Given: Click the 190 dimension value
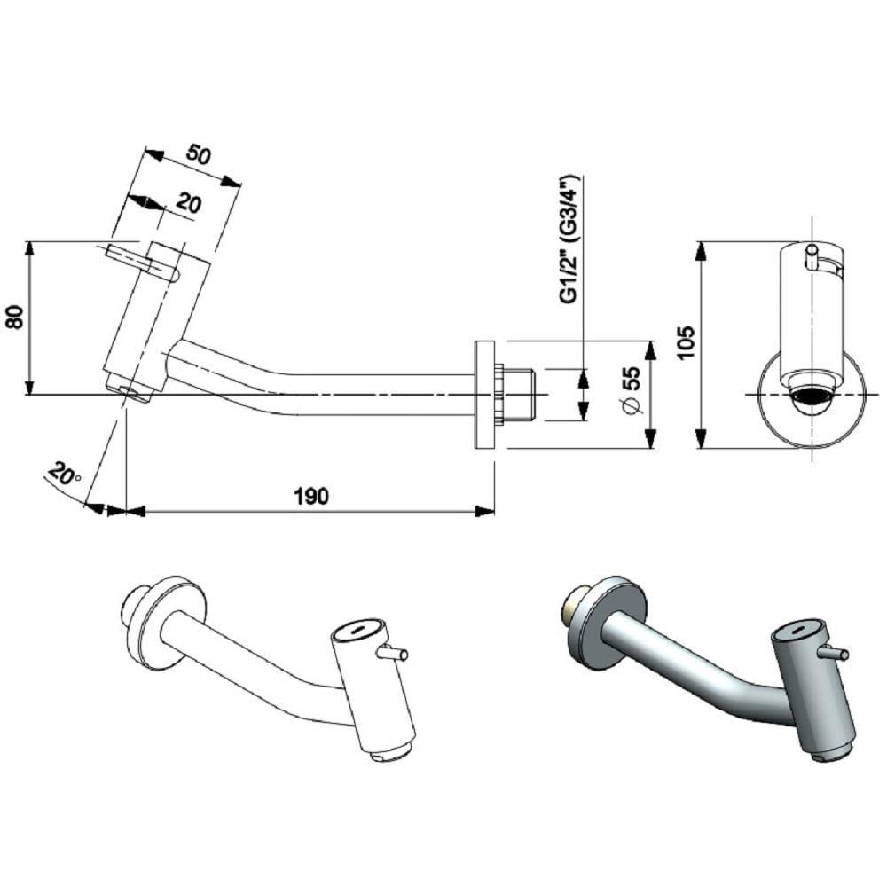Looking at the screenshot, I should tap(310, 496).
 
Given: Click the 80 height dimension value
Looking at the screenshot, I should tap(15, 318).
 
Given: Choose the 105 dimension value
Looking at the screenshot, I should tap(684, 343).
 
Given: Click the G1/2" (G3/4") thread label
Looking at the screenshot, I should tap(569, 239).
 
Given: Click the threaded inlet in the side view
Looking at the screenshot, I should tap(518, 394).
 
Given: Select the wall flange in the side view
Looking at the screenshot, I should tap(485, 394).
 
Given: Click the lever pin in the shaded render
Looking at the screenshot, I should tap(833, 654).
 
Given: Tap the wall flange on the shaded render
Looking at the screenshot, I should tap(611, 622).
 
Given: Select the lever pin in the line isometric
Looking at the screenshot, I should tap(392, 655).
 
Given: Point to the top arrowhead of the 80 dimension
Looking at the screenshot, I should tap(30, 249).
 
